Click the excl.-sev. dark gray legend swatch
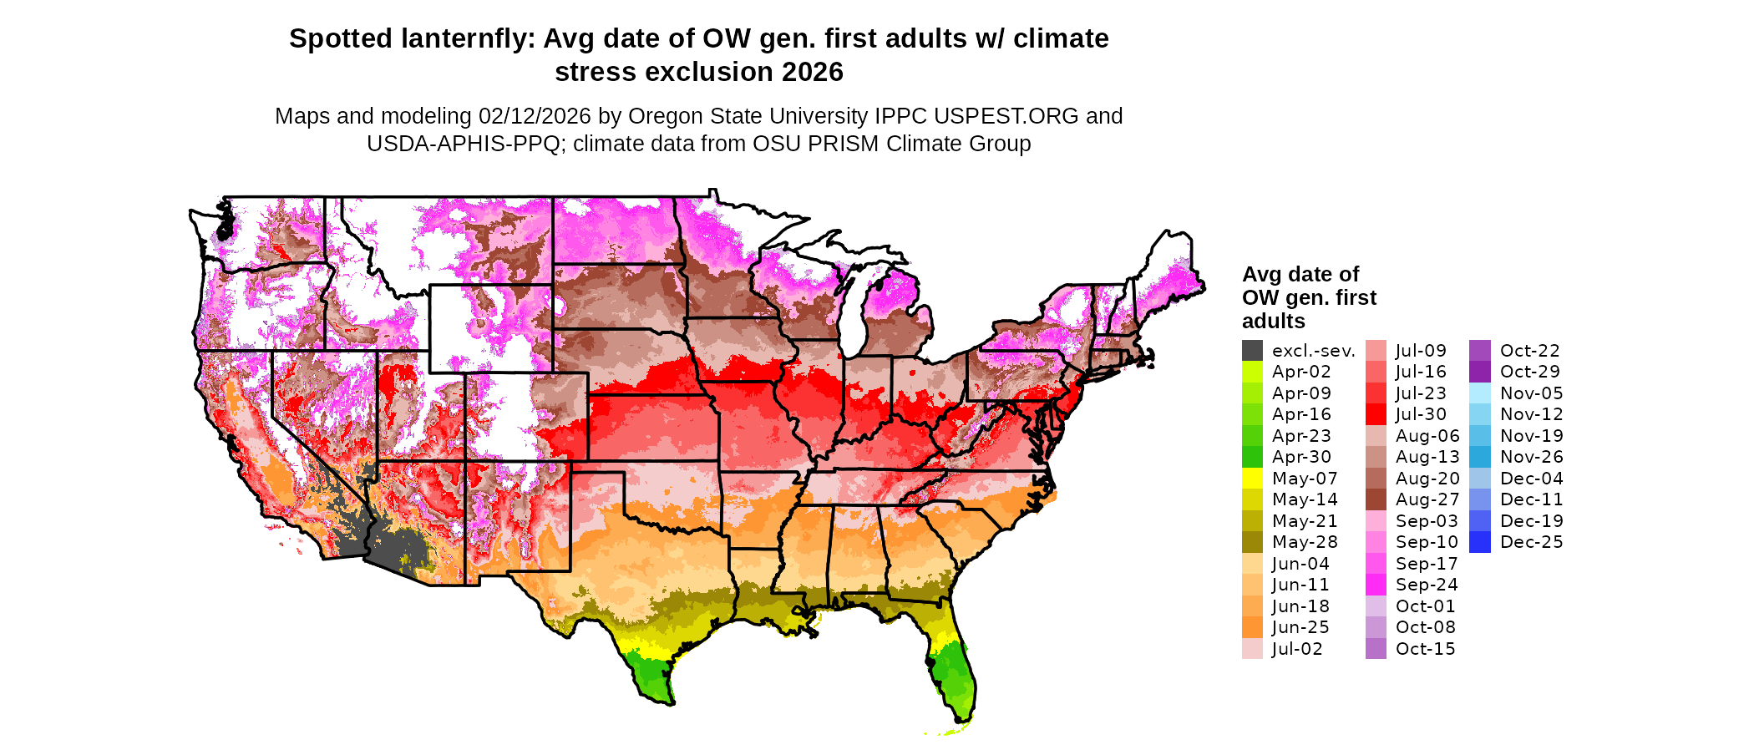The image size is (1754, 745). tap(1252, 351)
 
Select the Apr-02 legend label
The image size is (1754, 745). tap(1301, 372)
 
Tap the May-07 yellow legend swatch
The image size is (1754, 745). tap(1252, 479)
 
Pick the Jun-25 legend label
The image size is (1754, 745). tap(1300, 627)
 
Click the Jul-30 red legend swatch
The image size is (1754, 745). tap(1376, 414)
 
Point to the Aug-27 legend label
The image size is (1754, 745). tap(1427, 499)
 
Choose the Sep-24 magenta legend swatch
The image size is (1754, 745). tap(1376, 585)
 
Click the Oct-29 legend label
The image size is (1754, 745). tap(1530, 372)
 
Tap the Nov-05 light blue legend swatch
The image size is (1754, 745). tap(1480, 393)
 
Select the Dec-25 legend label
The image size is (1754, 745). tap(1531, 542)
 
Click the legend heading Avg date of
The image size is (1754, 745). tap(1300, 274)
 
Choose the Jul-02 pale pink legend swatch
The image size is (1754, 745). tap(1252, 649)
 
